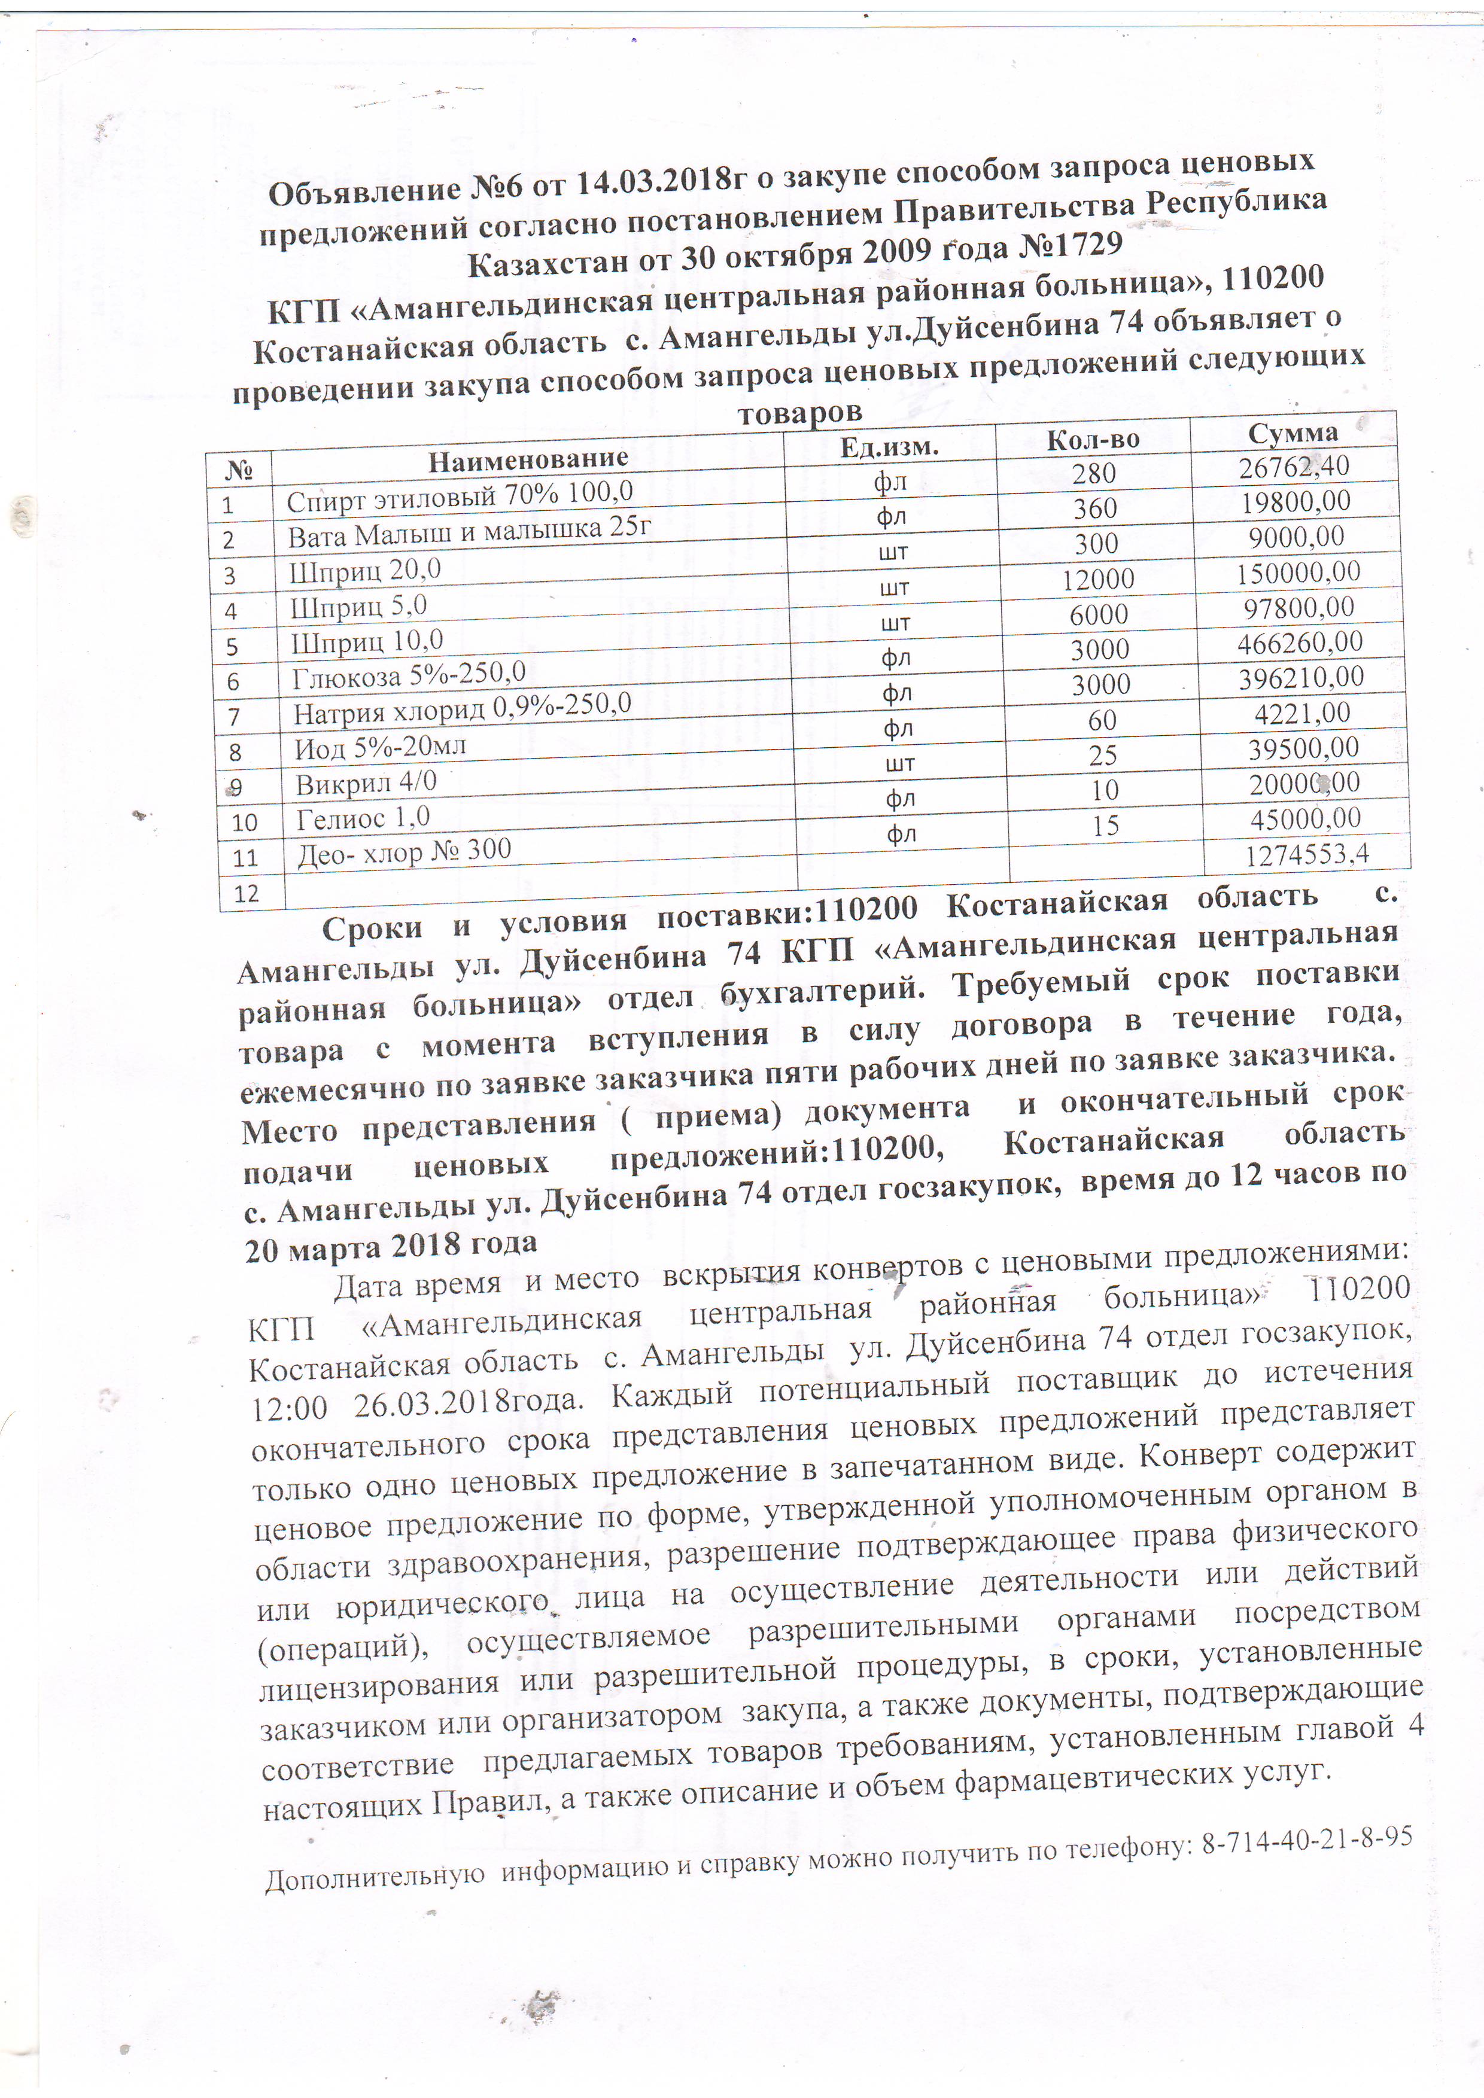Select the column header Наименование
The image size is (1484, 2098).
pyautogui.click(x=528, y=459)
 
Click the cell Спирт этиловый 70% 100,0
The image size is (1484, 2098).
pyautogui.click(x=460, y=496)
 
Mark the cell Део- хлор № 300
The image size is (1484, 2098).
pyautogui.click(x=404, y=852)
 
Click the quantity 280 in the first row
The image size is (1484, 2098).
pyautogui.click(x=1094, y=473)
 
